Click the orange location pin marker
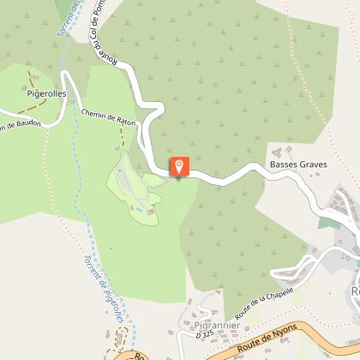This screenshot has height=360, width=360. point(179,165)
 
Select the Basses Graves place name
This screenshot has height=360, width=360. point(298,164)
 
